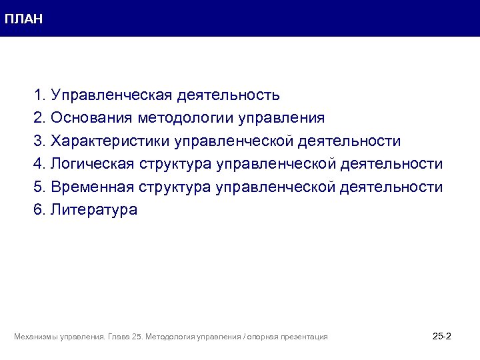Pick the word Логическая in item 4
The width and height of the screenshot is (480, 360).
click(94, 163)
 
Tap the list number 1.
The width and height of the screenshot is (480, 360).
click(39, 95)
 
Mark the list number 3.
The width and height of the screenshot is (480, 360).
click(39, 141)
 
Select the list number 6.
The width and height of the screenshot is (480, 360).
click(39, 209)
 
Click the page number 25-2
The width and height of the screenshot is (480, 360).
click(442, 336)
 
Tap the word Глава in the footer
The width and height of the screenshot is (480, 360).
click(117, 337)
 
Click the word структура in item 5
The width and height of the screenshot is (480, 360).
click(175, 187)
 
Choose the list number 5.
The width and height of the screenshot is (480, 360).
click(39, 187)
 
